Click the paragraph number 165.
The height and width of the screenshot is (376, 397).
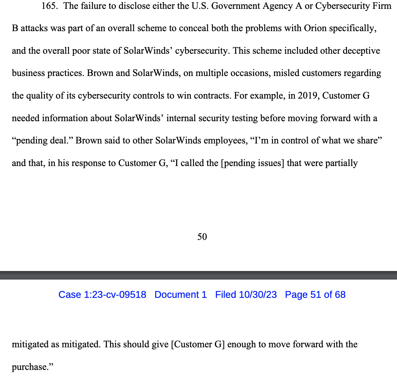(49, 6)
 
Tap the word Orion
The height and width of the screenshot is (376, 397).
(315, 28)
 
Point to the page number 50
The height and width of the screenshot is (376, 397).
(202, 237)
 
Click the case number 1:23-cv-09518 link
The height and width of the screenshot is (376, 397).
(102, 295)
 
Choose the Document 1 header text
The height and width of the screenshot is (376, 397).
(181, 295)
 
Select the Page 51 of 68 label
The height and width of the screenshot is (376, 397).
(315, 295)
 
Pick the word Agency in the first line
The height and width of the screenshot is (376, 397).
(278, 6)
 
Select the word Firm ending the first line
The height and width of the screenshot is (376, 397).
(383, 6)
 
